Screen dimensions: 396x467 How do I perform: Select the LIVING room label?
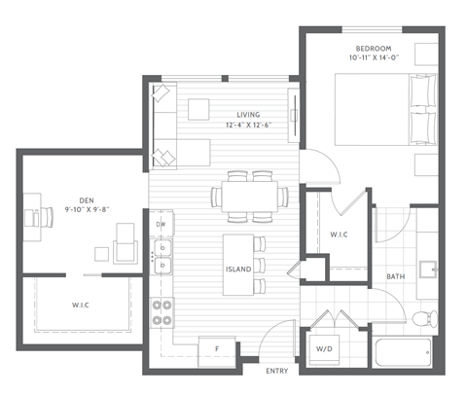click(x=234, y=115)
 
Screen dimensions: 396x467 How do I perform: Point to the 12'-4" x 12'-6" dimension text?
click(x=234, y=126)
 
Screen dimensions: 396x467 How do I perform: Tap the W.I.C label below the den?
click(x=80, y=305)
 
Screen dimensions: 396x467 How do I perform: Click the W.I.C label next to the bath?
click(x=340, y=234)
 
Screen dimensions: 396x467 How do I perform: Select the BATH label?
click(x=395, y=277)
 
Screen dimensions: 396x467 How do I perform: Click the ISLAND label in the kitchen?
click(x=238, y=269)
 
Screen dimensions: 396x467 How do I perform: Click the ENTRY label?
click(x=277, y=372)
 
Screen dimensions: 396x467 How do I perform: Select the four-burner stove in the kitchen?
click(x=162, y=310)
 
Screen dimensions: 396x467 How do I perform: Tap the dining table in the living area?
click(x=250, y=194)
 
